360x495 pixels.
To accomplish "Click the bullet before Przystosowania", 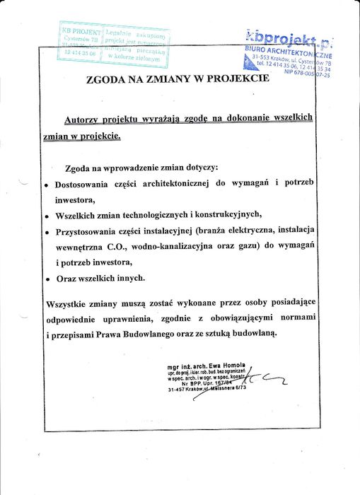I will tap(47, 233).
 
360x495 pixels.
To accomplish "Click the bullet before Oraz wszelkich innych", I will tap(47, 279).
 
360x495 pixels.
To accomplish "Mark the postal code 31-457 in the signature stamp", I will tap(178, 390).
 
